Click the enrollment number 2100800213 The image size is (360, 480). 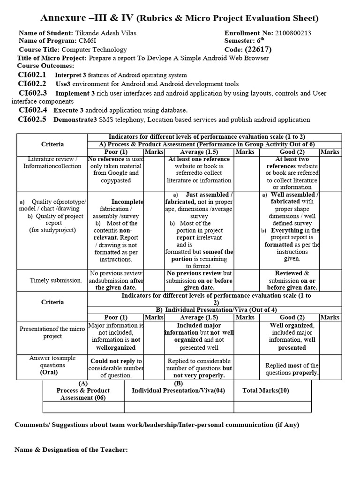pyautogui.click(x=292, y=33)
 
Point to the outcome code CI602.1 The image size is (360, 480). pyautogui.click(x=32, y=75)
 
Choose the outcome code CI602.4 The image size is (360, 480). pyautogui.click(x=32, y=110)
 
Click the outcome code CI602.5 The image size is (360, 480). pyautogui.click(x=32, y=119)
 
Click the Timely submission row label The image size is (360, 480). pyautogui.click(x=55, y=280)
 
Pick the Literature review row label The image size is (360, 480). pyautogui.click(x=52, y=163)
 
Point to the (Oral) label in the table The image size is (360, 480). pyautogui.click(x=49, y=372)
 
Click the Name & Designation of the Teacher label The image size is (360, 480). pyautogui.click(x=71, y=450)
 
